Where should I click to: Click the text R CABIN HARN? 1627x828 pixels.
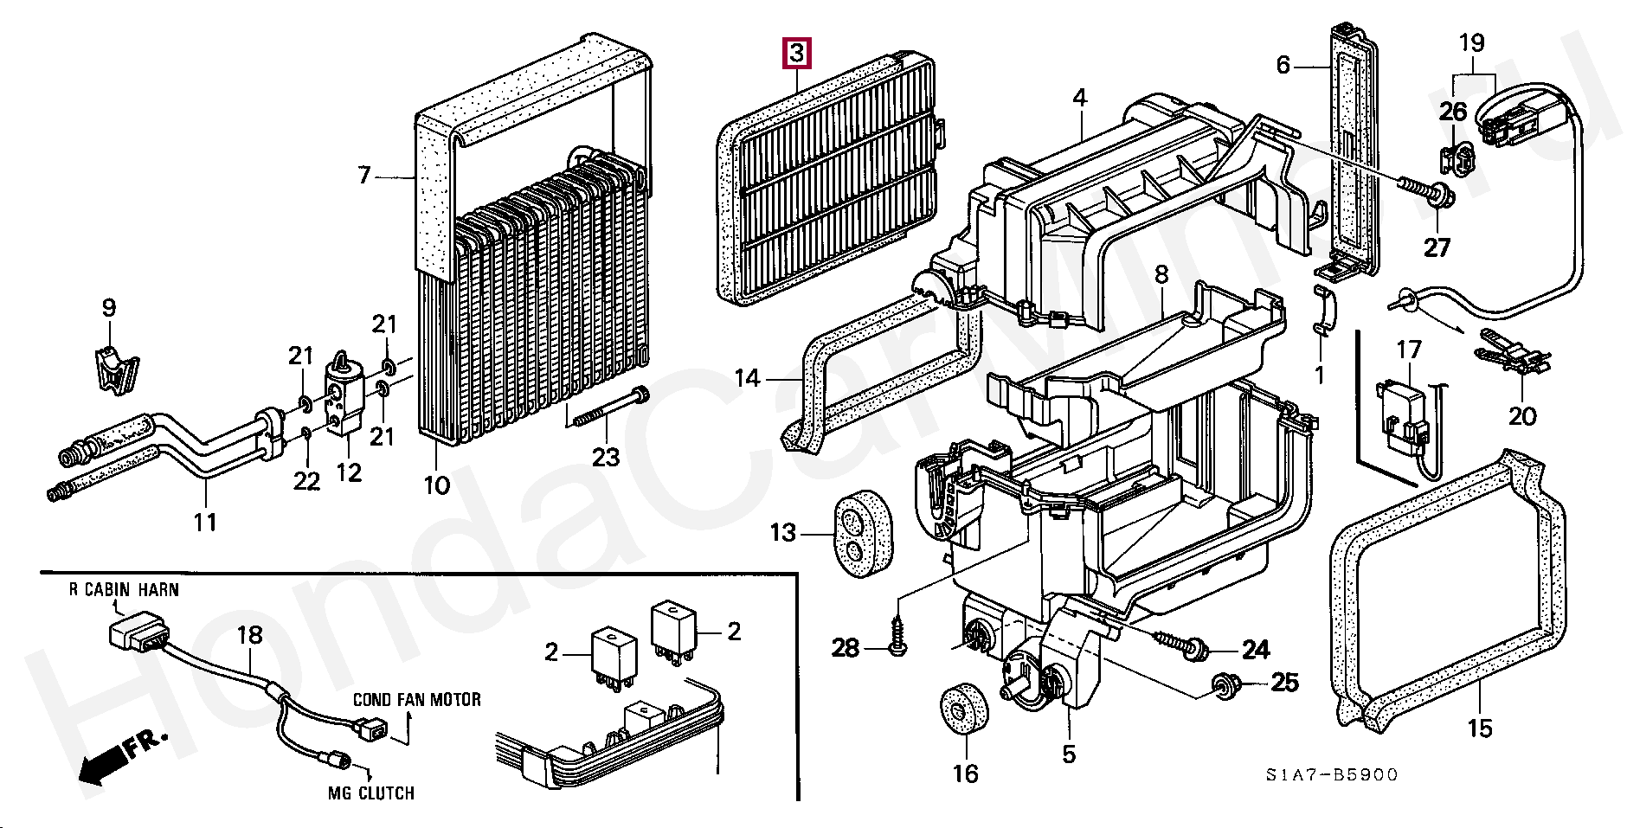click(124, 590)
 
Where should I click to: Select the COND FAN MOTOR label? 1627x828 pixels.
click(417, 699)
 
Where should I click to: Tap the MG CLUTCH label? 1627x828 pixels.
click(370, 793)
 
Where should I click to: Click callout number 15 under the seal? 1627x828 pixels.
click(1480, 729)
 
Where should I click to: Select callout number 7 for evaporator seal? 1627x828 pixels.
click(364, 177)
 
